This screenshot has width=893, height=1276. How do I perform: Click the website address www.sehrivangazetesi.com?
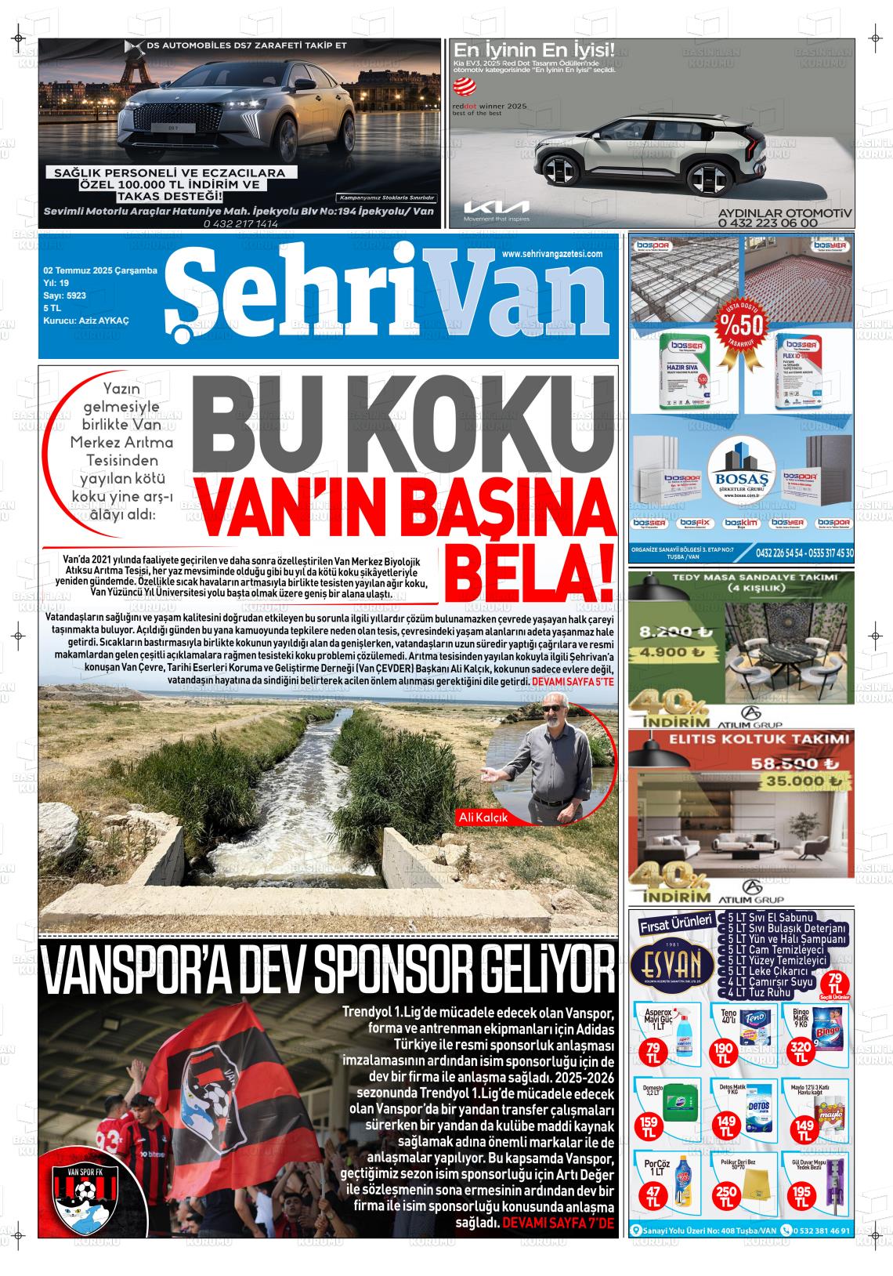[551, 254]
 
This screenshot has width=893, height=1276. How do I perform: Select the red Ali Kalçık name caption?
[483, 817]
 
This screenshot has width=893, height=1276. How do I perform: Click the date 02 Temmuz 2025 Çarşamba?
[100, 270]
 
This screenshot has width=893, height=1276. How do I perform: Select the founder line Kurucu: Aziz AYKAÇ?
[86, 321]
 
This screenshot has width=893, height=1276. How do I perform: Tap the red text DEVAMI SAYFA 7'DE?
[559, 1223]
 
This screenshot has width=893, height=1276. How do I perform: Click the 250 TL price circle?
[726, 1197]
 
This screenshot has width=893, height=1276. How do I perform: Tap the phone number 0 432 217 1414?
[240, 223]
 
